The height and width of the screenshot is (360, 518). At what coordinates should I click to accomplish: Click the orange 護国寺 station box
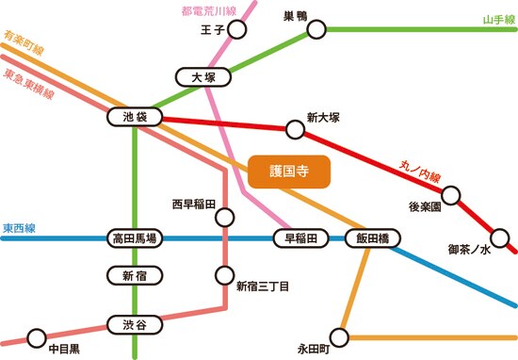click(x=290, y=172)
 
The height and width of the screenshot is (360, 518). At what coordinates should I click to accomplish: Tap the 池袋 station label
click(x=135, y=118)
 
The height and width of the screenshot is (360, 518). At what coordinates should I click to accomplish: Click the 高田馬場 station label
click(x=135, y=238)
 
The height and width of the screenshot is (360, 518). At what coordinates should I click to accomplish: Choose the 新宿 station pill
click(x=135, y=276)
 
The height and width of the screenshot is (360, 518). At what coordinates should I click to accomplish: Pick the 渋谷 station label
click(x=135, y=325)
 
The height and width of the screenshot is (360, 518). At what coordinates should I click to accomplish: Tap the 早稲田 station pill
click(x=301, y=238)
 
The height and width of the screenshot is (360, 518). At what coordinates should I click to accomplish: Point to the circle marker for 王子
click(x=237, y=31)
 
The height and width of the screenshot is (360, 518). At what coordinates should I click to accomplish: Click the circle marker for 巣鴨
click(x=316, y=29)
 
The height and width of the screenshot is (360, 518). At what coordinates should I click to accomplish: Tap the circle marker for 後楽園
click(x=451, y=196)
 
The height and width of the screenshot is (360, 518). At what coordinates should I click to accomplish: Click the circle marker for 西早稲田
click(x=225, y=218)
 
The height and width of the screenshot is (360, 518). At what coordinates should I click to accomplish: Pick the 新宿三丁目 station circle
click(x=225, y=276)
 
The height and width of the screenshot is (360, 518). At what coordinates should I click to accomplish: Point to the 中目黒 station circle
click(x=37, y=336)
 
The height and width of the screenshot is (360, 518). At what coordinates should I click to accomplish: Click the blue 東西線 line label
click(x=19, y=228)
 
